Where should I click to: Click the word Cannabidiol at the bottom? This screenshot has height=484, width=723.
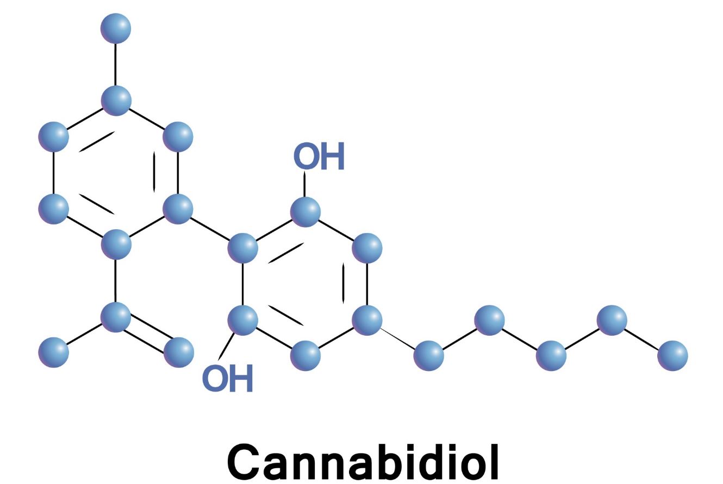[x=363, y=462]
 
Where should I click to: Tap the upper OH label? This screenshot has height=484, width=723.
[x=319, y=156]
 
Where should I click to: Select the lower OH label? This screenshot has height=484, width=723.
[x=228, y=378]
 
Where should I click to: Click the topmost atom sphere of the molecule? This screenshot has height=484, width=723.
[x=116, y=28]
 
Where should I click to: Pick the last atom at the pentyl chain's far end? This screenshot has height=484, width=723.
[x=672, y=356]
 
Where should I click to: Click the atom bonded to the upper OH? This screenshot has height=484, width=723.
[x=306, y=212]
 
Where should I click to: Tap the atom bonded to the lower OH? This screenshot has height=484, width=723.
[x=242, y=320]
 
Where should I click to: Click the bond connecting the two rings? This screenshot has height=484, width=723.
[x=210, y=229]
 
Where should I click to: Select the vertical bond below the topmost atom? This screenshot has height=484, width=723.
[x=116, y=65]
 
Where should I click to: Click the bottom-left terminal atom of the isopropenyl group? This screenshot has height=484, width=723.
[x=54, y=353]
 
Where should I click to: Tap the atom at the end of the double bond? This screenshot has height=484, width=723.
[x=179, y=353]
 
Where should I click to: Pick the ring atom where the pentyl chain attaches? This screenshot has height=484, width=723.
[x=367, y=320]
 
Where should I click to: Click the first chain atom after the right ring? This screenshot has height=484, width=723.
[x=428, y=356]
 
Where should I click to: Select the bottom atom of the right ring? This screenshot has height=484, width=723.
[x=306, y=356]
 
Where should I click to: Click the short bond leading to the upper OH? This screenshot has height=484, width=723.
[x=304, y=184]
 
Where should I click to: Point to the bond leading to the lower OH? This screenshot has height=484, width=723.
[x=227, y=346]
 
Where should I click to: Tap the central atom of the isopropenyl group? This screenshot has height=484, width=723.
[x=116, y=317]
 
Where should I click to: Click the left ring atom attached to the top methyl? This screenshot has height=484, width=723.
[x=116, y=100]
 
